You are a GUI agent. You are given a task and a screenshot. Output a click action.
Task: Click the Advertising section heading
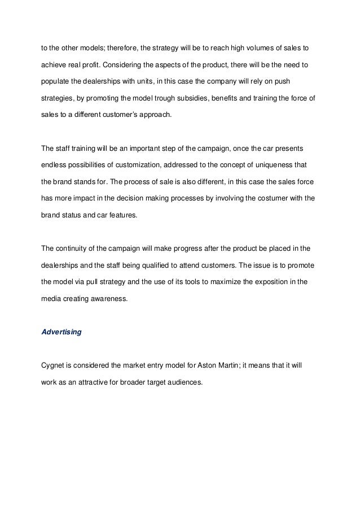pyautogui.click(x=62, y=332)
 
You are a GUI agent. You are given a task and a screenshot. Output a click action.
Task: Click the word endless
pyautogui.click(x=55, y=166)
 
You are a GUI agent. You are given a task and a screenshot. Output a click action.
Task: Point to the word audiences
pyautogui.click(x=184, y=382)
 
